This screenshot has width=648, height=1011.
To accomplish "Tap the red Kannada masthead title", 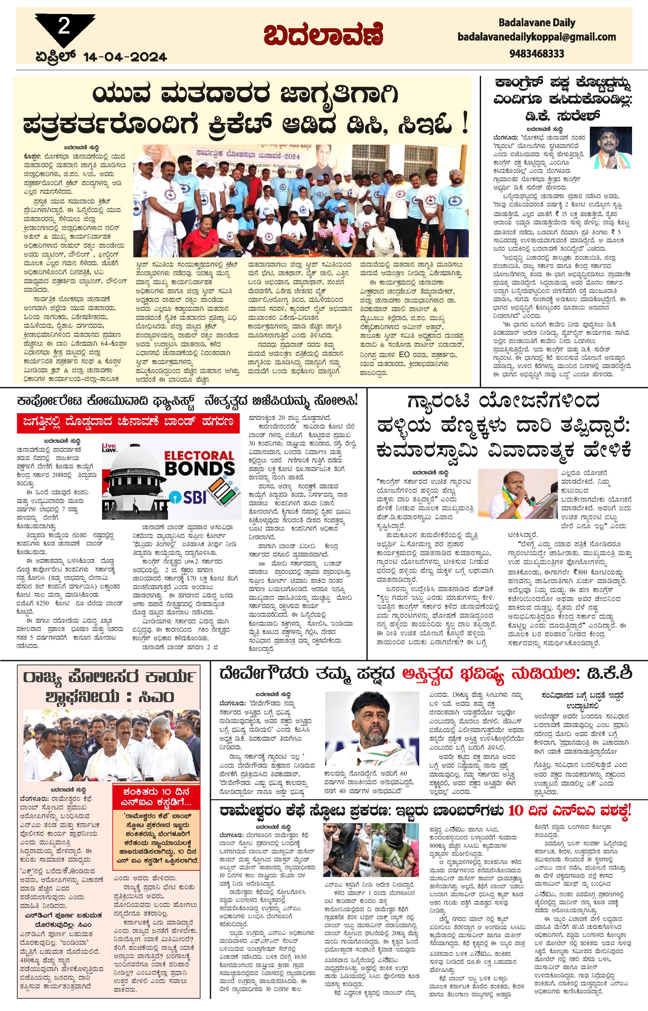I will (324, 36).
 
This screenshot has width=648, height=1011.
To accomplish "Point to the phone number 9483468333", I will (537, 54).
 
